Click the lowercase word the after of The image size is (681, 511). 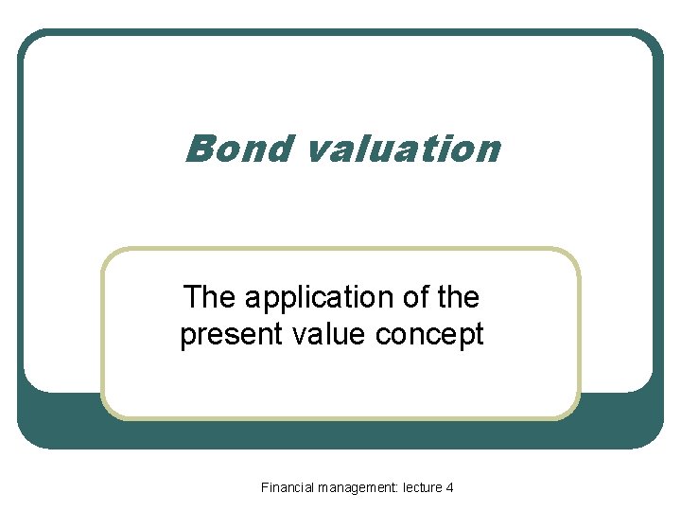point(458,297)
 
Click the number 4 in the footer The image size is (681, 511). point(449,487)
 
